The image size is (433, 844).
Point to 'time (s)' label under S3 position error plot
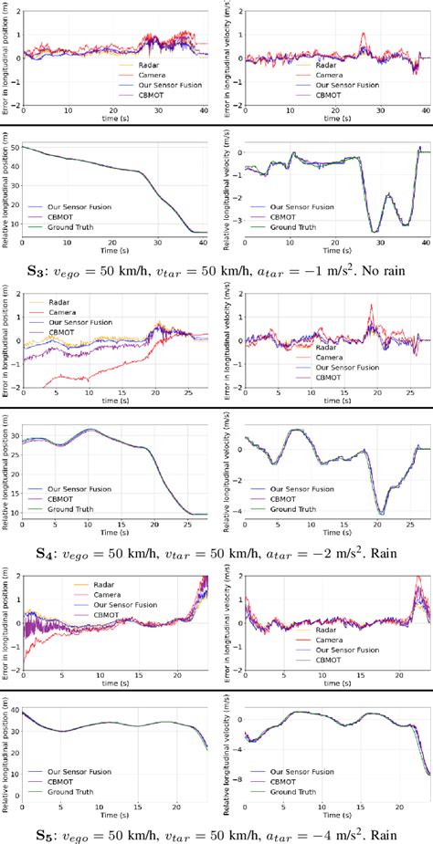(116, 119)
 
